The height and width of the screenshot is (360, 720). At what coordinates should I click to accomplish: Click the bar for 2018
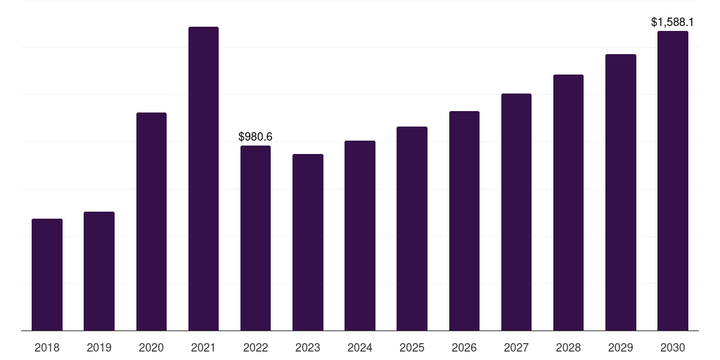click(47, 274)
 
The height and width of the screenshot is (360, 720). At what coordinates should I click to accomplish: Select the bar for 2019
click(99, 271)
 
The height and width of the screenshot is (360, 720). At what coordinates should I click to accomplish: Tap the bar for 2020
click(151, 221)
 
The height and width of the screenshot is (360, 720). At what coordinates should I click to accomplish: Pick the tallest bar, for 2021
click(203, 179)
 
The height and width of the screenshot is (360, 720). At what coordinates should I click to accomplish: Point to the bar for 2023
click(308, 242)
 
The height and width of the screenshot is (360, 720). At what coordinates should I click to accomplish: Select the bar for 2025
click(412, 229)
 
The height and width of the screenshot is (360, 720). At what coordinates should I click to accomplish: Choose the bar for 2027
click(516, 212)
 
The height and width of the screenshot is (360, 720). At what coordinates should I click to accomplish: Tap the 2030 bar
click(673, 181)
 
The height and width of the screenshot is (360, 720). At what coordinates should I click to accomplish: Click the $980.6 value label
click(255, 136)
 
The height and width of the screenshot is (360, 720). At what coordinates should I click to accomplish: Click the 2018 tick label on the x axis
click(47, 347)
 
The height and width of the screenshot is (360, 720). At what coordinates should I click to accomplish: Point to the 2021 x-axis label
click(203, 347)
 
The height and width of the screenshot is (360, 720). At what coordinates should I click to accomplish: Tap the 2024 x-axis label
click(360, 347)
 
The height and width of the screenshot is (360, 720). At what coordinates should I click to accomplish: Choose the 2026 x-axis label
click(464, 347)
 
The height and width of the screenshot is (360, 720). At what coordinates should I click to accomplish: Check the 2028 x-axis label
click(568, 347)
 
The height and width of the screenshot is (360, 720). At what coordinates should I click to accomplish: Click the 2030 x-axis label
click(673, 347)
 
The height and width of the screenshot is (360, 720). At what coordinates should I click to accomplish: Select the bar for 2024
click(360, 236)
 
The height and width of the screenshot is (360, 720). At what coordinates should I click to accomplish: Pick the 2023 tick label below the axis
click(308, 347)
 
